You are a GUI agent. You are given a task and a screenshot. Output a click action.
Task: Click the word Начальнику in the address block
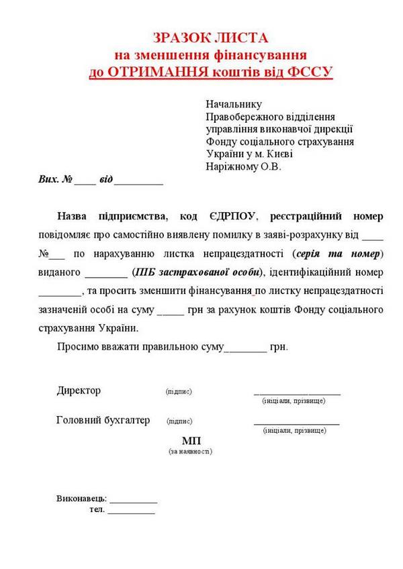point(234,104)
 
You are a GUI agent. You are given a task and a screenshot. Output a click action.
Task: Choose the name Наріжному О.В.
point(243,166)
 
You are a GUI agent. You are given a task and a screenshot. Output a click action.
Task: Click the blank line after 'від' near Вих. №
point(139,182)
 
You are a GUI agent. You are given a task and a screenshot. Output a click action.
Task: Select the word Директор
point(79,391)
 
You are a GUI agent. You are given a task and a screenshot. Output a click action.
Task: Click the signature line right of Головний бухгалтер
point(296,424)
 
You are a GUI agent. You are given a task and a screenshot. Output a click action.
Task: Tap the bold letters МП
point(191,440)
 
